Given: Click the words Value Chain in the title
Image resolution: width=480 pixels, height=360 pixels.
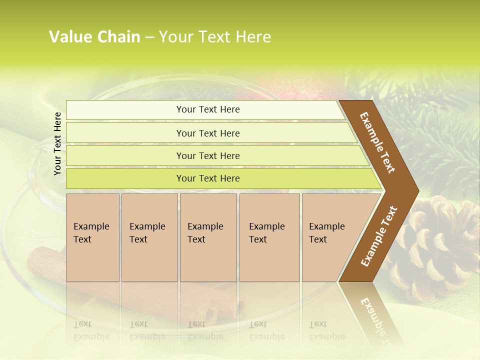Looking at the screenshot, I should coord(94,37).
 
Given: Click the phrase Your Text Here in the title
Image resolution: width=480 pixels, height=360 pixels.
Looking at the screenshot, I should coord(215,37).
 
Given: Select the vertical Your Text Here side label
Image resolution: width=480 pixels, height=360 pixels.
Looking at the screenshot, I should coord(57,143).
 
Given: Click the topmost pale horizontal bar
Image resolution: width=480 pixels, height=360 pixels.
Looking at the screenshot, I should coord(207,109).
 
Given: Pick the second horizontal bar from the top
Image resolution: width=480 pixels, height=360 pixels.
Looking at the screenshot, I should coord(207,133).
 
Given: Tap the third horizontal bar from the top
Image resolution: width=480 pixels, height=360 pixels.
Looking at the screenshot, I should coord(207,155).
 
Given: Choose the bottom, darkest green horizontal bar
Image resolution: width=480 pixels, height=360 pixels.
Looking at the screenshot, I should coord(207,178).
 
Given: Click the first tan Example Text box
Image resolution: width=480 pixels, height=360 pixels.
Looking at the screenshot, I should coord(92,237).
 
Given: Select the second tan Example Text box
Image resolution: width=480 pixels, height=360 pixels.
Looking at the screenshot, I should coord(149,237).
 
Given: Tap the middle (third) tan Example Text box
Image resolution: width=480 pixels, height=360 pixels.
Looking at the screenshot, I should coord(208,237).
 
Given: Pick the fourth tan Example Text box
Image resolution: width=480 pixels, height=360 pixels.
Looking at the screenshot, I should coord(269,237).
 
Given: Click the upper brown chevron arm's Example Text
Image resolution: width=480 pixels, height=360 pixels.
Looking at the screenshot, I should coord(377,142).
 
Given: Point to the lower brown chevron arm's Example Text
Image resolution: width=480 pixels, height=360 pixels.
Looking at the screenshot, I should coord(378,236).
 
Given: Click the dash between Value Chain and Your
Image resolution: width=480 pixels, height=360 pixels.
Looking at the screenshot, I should coord(149,37).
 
